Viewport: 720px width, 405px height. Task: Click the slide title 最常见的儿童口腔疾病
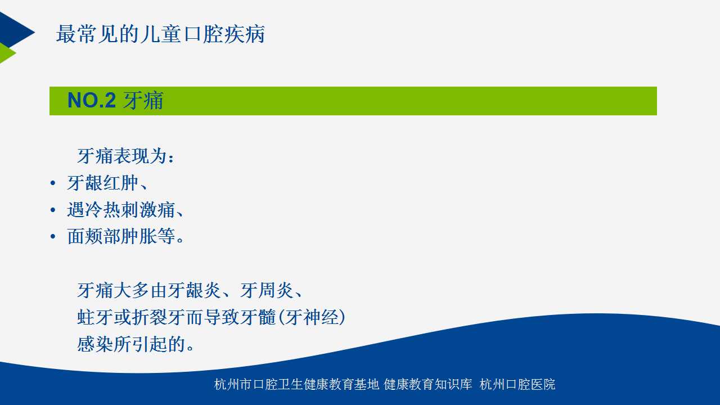[160, 34]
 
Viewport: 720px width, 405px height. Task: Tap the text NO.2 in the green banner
[92, 100]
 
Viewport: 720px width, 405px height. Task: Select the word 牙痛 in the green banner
[143, 100]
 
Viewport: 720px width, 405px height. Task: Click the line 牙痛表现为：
[125, 156]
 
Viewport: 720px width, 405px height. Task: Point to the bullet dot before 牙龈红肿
[53, 183]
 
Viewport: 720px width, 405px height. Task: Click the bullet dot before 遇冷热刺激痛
[53, 210]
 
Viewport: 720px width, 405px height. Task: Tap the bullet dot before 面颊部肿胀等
[53, 237]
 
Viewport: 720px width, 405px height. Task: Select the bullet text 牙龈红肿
[103, 183]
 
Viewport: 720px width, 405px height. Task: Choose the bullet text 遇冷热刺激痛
[121, 210]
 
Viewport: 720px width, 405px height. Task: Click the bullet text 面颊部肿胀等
[121, 237]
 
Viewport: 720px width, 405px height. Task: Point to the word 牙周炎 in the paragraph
[267, 291]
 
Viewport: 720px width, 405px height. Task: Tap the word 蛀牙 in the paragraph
[95, 317]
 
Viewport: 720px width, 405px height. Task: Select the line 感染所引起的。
[136, 344]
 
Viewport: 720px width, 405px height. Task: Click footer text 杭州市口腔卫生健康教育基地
[296, 384]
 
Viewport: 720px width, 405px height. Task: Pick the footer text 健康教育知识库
[428, 384]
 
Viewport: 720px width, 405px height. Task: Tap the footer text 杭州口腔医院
[517, 384]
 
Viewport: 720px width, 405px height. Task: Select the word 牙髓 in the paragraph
[258, 317]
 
